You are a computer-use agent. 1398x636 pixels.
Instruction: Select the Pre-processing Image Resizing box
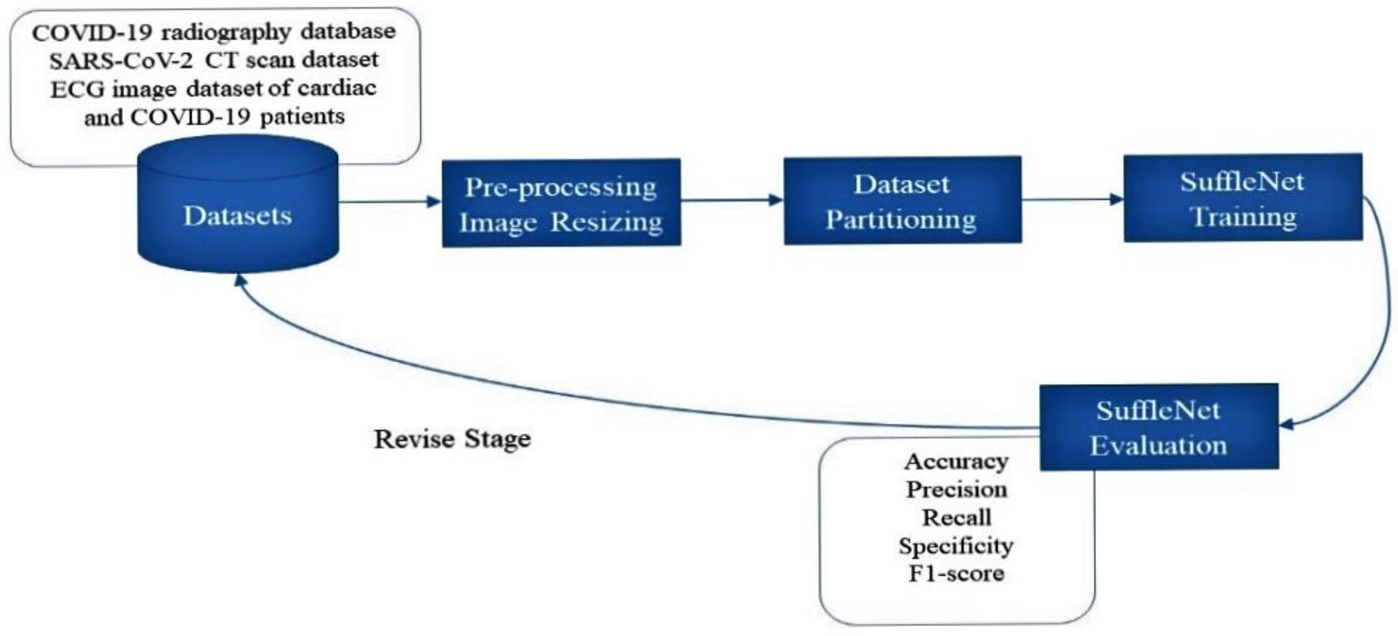pos(561,204)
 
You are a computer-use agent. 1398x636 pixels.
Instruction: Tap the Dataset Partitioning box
pos(902,200)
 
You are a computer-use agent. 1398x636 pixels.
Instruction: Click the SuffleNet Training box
pos(1242,198)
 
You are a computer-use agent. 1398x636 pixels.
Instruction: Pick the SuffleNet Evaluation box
pos(1159,427)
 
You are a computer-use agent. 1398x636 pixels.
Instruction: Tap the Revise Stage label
pos(452,439)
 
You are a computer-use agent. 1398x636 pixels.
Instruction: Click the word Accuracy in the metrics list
pos(956,462)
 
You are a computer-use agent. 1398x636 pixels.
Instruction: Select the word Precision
pos(956,490)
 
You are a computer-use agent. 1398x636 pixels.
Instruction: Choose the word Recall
pos(956,517)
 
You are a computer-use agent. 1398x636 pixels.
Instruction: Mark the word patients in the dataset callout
pos(302,117)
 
